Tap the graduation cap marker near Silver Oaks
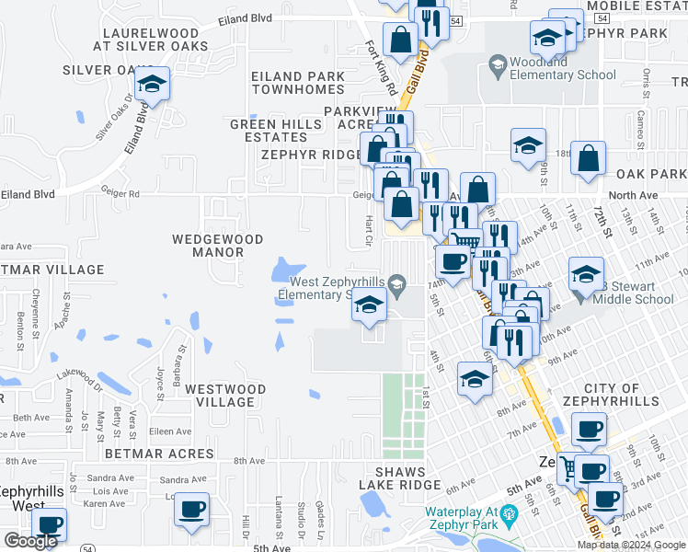[x=152, y=86]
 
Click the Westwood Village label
[x=225, y=396]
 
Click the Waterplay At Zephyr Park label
[x=473, y=519]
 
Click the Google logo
[x=30, y=542]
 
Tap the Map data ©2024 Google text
[x=631, y=545]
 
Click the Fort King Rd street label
[x=380, y=68]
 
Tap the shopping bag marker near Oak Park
[x=588, y=159]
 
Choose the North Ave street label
[x=634, y=195]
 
